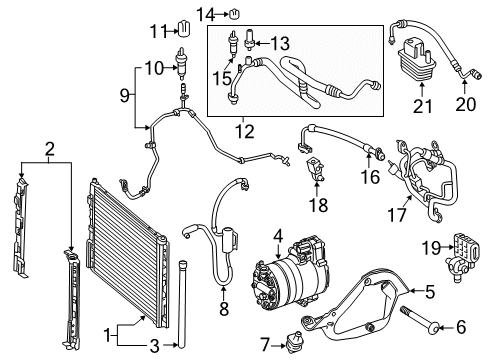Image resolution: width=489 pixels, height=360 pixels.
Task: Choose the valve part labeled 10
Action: (x=183, y=62)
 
